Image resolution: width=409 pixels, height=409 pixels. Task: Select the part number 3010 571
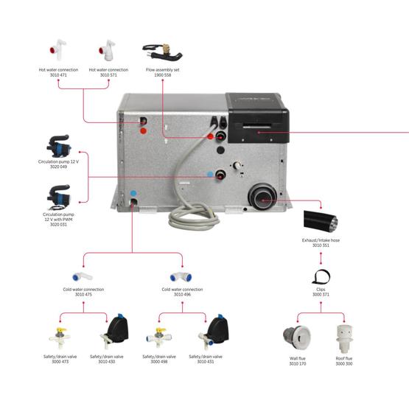pos(108,75)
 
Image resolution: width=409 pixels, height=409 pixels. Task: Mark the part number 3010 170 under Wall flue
pos(298,363)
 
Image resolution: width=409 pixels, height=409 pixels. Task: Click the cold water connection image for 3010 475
pos(83,273)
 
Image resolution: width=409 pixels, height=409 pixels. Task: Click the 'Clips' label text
pos(321,290)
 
